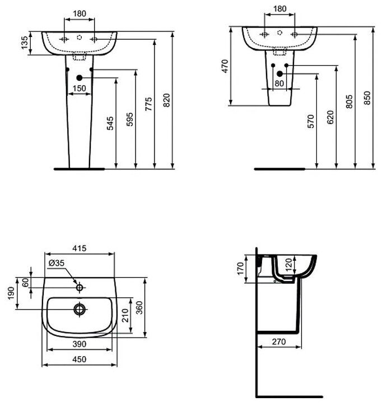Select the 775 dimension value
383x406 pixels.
coord(148,105)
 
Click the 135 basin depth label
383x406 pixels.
coord(24,43)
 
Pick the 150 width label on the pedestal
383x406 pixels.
coord(80,88)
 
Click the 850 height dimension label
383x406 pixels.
coord(367,98)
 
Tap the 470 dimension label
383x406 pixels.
coord(225,66)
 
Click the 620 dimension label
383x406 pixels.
coord(329,117)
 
